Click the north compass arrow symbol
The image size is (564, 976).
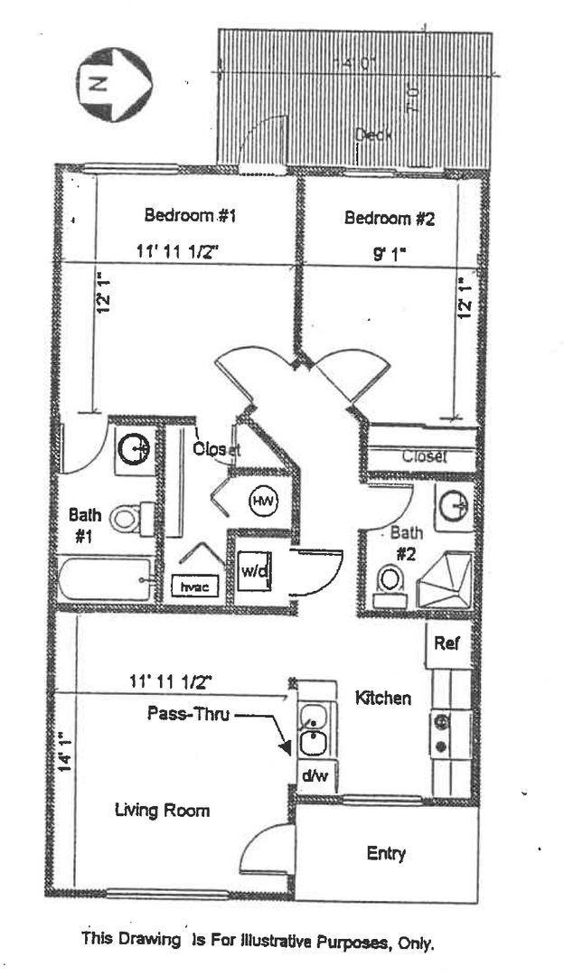[x=114, y=84]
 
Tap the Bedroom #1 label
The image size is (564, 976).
[x=190, y=216]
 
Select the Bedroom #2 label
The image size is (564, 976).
[x=390, y=218]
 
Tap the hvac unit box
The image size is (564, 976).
[x=189, y=587]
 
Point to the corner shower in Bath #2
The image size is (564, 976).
[x=444, y=577]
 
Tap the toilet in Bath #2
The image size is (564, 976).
[x=390, y=581]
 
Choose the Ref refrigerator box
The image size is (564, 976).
[x=446, y=643]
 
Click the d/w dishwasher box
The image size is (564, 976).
[x=314, y=774]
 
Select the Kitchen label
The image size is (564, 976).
[x=383, y=698]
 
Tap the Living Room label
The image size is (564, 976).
[x=162, y=810]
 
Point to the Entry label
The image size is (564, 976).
[x=386, y=853]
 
